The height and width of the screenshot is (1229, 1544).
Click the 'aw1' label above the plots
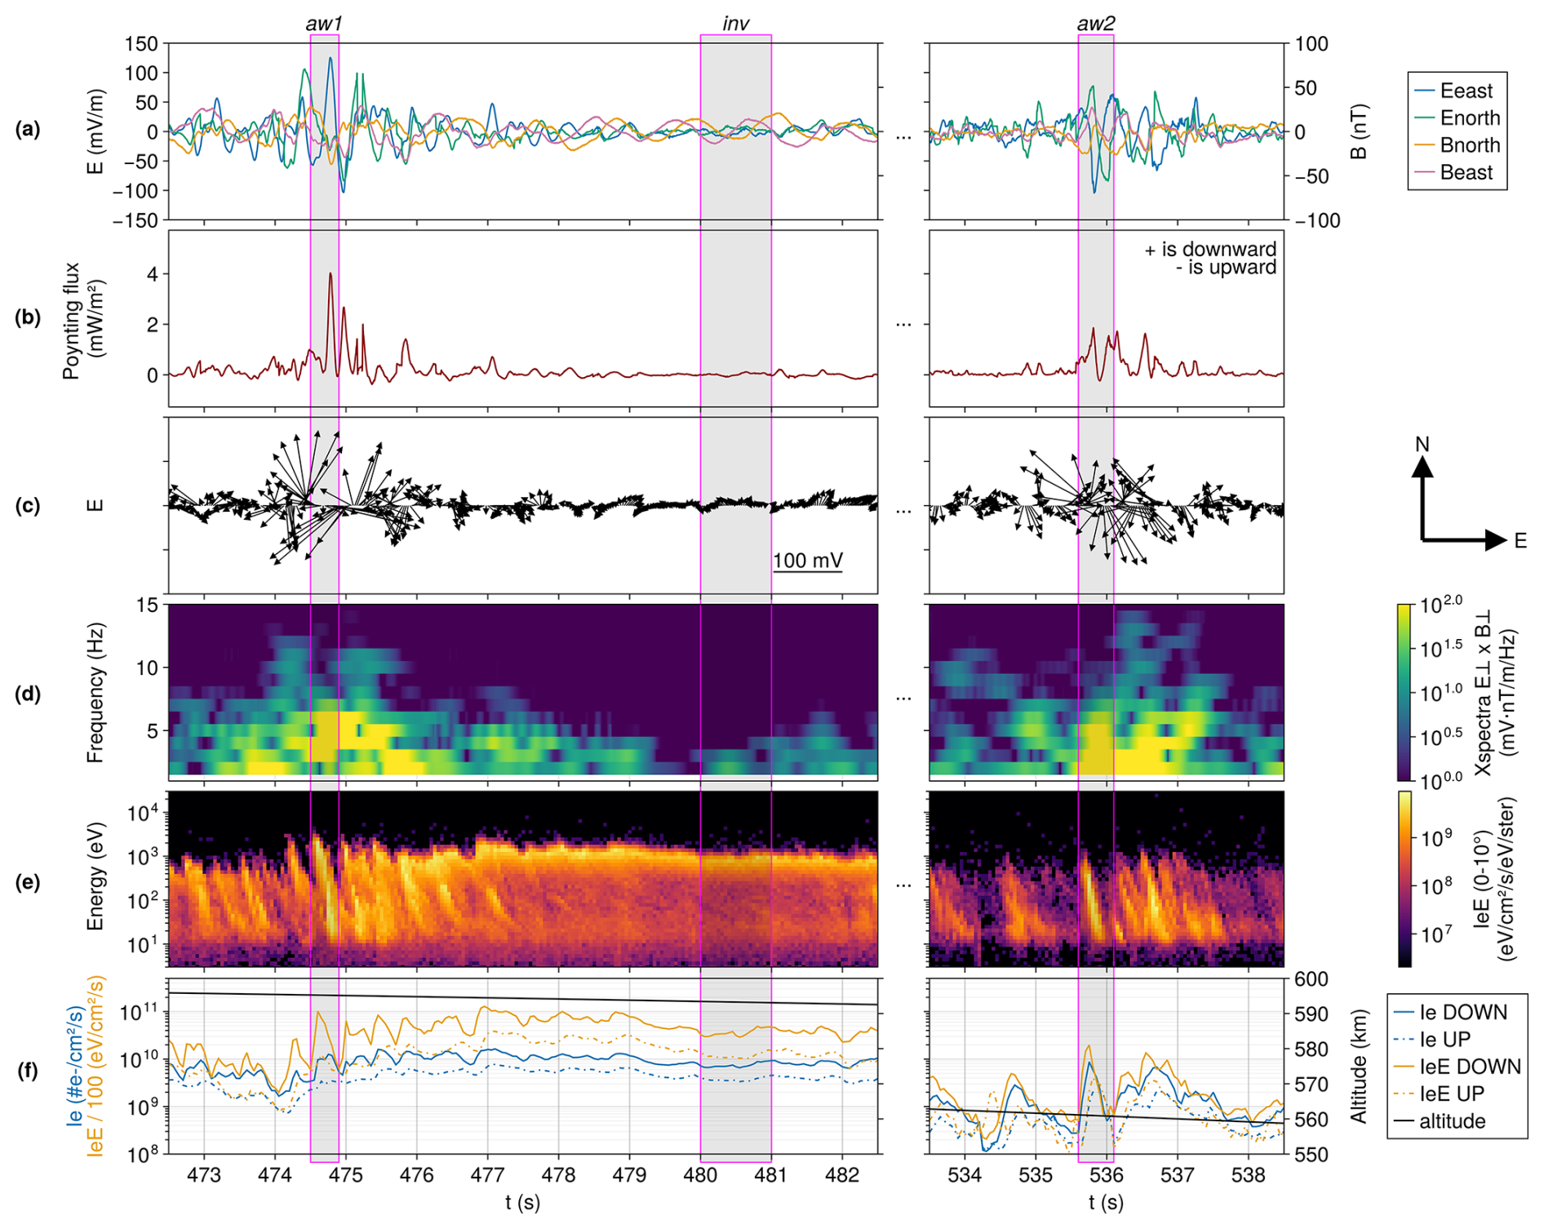click(x=324, y=24)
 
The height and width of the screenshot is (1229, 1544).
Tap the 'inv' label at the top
click(x=735, y=24)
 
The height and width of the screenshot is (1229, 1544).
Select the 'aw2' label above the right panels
click(x=1095, y=24)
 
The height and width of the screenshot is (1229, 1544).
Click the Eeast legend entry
click(x=1466, y=91)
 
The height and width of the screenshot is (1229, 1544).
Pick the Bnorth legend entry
click(x=1470, y=145)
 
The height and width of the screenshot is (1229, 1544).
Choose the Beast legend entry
click(x=1466, y=172)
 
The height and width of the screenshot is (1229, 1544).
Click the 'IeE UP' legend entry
click(x=1452, y=1094)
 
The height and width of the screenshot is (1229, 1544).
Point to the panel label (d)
click(x=28, y=694)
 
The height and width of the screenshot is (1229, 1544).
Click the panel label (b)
click(x=28, y=317)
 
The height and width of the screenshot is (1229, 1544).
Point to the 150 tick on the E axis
click(x=141, y=44)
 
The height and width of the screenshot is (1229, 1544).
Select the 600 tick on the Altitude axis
click(x=1312, y=979)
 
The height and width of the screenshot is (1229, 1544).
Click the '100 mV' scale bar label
click(x=807, y=561)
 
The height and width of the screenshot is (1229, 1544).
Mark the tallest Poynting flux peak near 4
click(x=330, y=274)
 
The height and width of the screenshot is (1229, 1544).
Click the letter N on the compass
click(x=1422, y=444)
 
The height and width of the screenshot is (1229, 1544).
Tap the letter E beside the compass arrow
click(x=1520, y=540)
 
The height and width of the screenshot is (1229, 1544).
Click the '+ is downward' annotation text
click(x=1210, y=249)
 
